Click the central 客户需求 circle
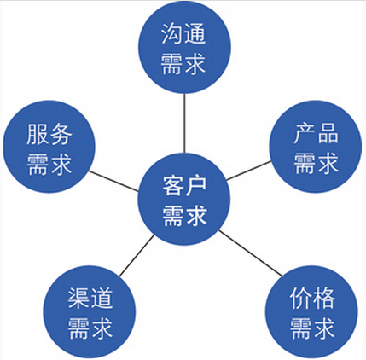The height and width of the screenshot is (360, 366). [184, 200]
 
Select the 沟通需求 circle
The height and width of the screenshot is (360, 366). [184, 47]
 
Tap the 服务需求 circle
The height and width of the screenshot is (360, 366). [49, 147]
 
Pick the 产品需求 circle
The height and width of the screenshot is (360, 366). [316, 147]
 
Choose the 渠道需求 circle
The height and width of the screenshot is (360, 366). [90, 312]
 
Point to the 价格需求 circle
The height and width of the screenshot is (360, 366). [311, 312]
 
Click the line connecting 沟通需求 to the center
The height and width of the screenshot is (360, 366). [184, 123]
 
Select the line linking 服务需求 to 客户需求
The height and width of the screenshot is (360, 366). [113, 181]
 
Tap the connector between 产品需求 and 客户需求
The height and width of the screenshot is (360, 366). [249, 171]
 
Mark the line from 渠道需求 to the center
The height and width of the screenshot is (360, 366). [137, 256]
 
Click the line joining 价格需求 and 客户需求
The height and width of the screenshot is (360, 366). [251, 253]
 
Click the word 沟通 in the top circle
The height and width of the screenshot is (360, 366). [183, 33]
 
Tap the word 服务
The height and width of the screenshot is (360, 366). [49, 134]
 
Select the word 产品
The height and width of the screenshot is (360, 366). [316, 133]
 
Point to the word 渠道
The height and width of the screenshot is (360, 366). [90, 298]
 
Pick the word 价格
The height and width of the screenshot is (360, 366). [312, 298]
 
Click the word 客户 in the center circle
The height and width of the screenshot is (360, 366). [184, 186]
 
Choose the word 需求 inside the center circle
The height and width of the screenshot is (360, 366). [184, 216]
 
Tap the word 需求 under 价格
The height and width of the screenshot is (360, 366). [312, 328]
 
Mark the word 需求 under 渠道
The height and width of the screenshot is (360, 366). [90, 328]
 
